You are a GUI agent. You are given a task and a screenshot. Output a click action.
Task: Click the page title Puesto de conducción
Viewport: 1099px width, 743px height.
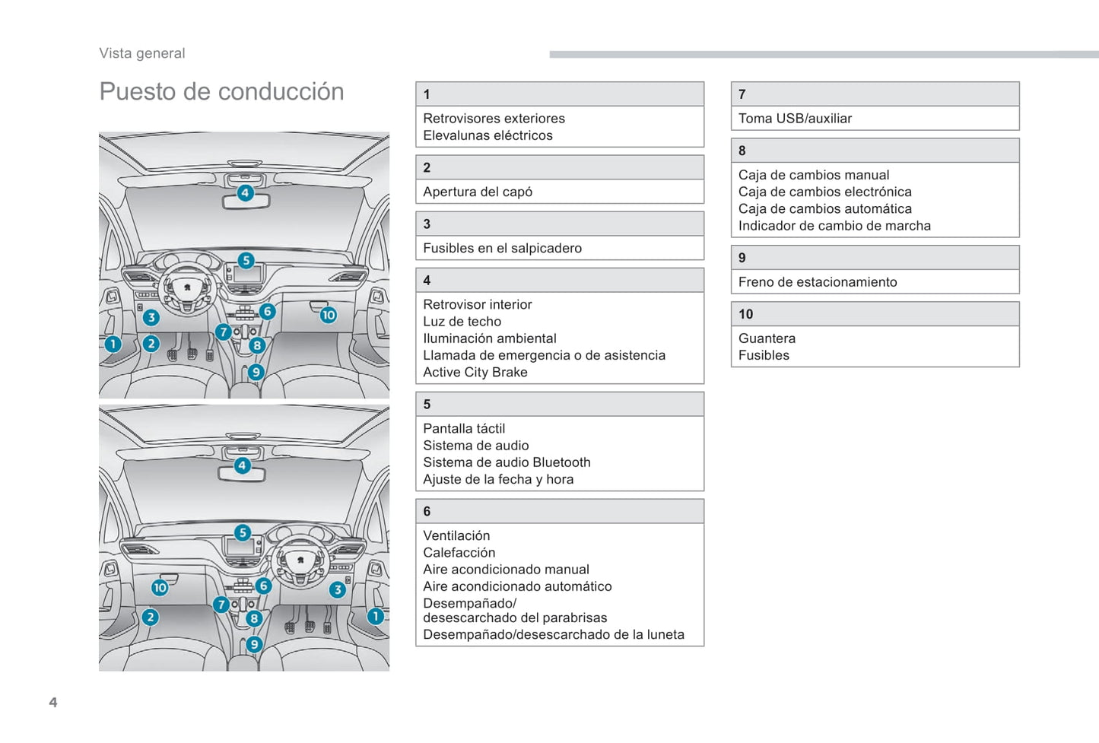(221, 92)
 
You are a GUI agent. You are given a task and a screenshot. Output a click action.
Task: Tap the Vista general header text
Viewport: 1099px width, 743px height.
(142, 53)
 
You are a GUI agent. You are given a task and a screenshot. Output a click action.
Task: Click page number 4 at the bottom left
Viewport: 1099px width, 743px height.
(53, 702)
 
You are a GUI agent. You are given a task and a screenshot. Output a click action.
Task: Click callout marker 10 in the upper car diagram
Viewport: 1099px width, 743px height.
(328, 315)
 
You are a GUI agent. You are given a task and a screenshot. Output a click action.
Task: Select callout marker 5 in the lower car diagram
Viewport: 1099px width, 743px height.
(243, 532)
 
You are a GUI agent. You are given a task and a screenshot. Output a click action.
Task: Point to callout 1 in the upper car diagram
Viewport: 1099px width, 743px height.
(113, 344)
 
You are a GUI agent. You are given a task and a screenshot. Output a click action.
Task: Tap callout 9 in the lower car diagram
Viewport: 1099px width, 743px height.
(254, 644)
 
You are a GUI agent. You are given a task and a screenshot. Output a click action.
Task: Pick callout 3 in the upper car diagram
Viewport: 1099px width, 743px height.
(151, 317)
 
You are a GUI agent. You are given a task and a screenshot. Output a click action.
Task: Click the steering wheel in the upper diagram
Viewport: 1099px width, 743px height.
(187, 288)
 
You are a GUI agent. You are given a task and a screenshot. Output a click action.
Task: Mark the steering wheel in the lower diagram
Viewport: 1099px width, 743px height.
(300, 561)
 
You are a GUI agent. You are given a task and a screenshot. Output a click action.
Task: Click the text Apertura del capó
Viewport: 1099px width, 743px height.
(478, 192)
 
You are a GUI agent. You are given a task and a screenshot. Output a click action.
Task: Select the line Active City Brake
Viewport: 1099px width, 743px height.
(475, 372)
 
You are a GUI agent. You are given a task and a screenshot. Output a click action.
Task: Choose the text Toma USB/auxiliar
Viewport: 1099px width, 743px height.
(795, 119)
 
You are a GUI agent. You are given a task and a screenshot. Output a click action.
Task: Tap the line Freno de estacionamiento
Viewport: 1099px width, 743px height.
(818, 282)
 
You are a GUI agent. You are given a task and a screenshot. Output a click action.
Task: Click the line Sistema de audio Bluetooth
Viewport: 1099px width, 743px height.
(507, 462)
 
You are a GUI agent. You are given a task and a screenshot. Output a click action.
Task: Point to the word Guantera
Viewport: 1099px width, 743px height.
(767, 338)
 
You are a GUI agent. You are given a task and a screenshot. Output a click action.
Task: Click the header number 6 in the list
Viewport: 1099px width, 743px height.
(427, 512)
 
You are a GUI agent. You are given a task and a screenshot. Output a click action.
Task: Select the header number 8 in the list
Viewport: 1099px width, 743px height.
(742, 151)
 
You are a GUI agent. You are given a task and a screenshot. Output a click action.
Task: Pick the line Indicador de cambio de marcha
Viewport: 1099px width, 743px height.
(834, 226)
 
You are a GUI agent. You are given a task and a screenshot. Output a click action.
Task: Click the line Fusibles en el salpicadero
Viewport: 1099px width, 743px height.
(502, 248)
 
